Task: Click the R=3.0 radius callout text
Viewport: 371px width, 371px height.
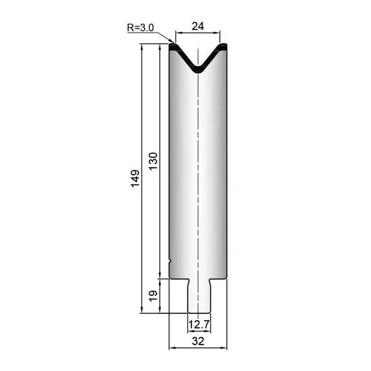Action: (x=141, y=28)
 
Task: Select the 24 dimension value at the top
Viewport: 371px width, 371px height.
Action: (x=198, y=26)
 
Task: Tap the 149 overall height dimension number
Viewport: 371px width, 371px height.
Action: (x=135, y=178)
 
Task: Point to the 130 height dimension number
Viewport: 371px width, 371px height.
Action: (x=153, y=161)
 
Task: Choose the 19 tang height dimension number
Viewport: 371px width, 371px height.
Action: (x=153, y=296)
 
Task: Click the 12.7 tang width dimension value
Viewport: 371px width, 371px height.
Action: (x=199, y=324)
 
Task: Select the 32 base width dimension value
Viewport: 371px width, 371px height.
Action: (x=198, y=341)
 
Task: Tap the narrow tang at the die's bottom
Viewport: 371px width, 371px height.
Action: (x=198, y=297)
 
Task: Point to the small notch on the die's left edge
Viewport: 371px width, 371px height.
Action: (x=170, y=261)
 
